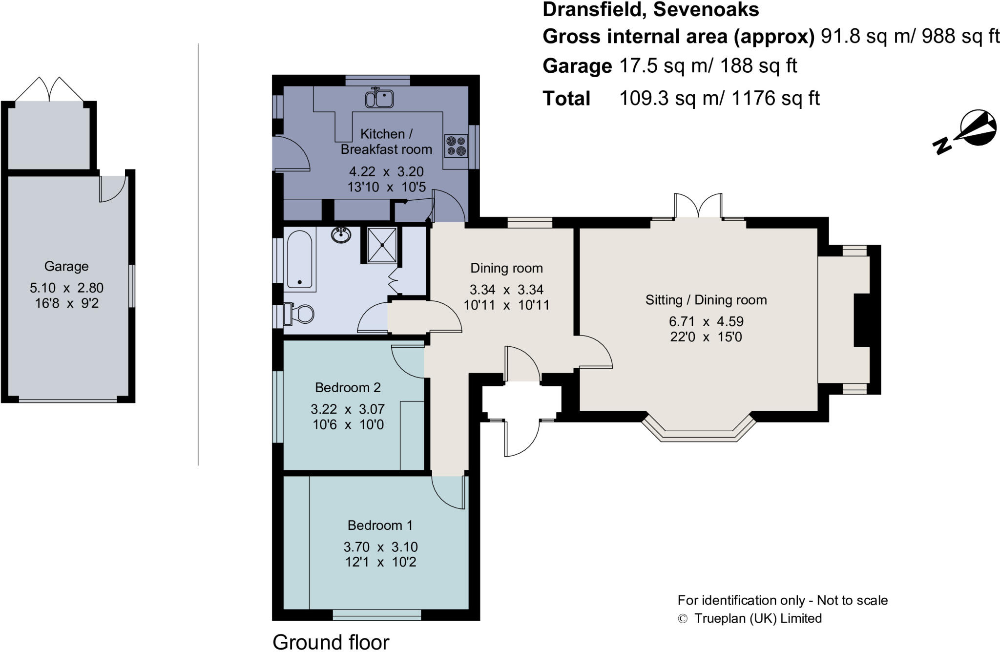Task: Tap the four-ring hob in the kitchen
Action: click(456, 146)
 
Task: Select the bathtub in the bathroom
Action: click(299, 260)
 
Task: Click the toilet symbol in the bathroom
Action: click(299, 314)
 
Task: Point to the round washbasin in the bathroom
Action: click(341, 235)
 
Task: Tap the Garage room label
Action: click(66, 267)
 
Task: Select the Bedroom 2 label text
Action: click(348, 388)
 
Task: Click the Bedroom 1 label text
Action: click(380, 526)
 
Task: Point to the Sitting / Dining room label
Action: click(706, 300)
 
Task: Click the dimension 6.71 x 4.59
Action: click(706, 321)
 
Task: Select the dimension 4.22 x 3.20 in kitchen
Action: click(386, 172)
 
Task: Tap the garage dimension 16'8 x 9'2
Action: click(66, 303)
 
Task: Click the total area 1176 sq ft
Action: click(775, 99)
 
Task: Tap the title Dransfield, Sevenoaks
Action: click(650, 10)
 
